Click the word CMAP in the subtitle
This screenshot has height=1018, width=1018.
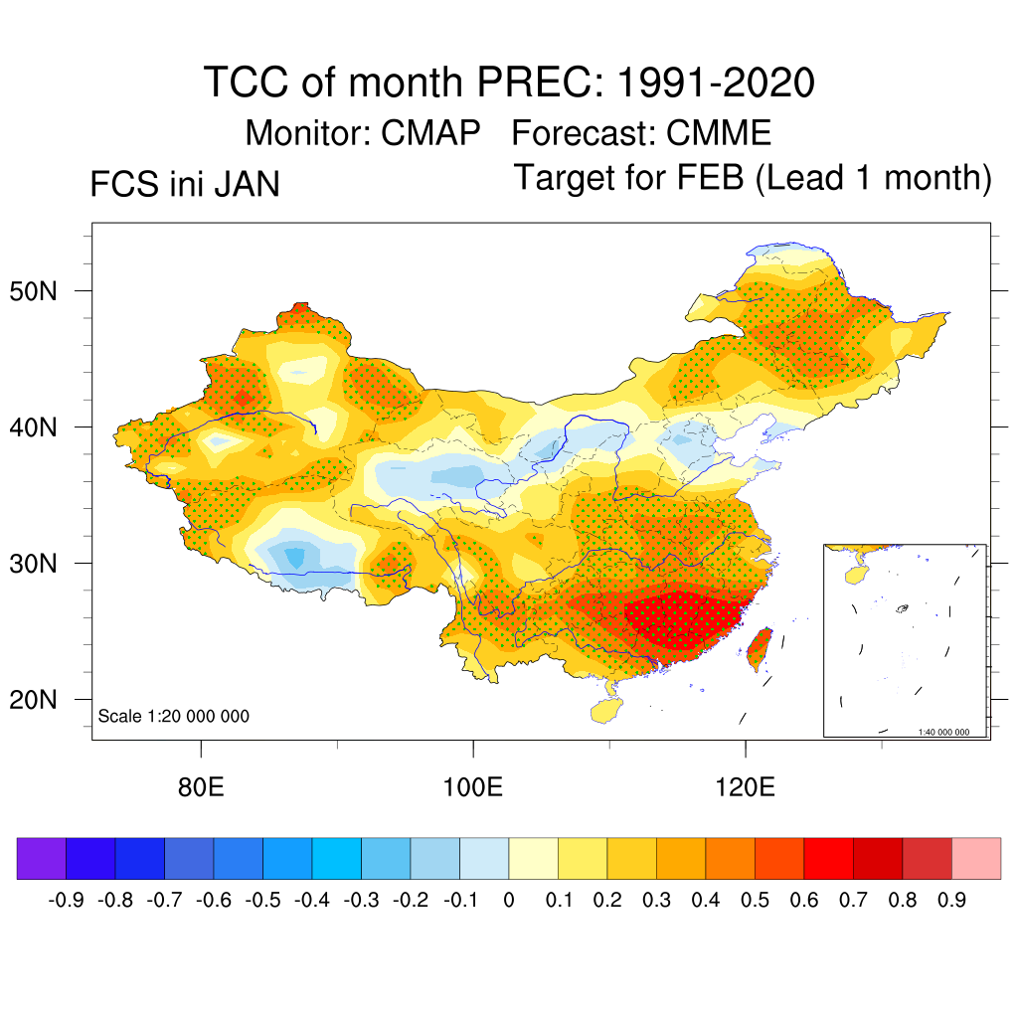[x=431, y=132]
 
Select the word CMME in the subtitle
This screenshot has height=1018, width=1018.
[x=719, y=132]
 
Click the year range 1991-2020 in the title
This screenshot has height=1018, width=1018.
[x=716, y=83]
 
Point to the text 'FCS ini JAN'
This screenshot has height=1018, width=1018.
[x=184, y=185]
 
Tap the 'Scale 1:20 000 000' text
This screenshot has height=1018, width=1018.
[x=174, y=716]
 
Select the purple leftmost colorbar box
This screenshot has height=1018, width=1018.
[x=42, y=858]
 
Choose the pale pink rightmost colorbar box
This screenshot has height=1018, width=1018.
[x=976, y=858]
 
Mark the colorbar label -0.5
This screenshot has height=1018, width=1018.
[x=263, y=901]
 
